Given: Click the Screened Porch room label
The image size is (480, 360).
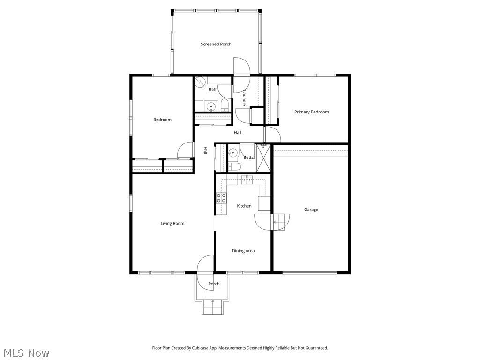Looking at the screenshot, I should (x=216, y=44).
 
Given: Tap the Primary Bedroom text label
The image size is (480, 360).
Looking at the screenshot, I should (x=311, y=112).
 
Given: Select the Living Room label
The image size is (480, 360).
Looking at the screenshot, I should (x=172, y=223).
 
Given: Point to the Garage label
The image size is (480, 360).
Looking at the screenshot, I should (x=311, y=210).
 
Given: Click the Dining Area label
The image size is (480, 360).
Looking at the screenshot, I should (x=243, y=251).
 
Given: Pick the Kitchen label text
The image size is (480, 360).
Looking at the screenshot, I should (x=244, y=206).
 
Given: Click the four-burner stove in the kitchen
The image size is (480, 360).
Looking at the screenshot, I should (x=221, y=198).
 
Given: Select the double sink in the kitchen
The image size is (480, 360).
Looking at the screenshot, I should (x=247, y=179).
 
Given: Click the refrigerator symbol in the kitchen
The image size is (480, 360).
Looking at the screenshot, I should (x=264, y=203).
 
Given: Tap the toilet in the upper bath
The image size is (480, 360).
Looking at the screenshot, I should (x=225, y=104).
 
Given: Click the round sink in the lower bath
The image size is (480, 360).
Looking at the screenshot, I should (x=233, y=152).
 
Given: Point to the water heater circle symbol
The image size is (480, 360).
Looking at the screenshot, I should (x=200, y=82).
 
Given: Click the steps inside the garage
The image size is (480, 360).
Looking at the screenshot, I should (x=281, y=221).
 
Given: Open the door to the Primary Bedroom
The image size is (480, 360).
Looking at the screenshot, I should (x=273, y=135).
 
